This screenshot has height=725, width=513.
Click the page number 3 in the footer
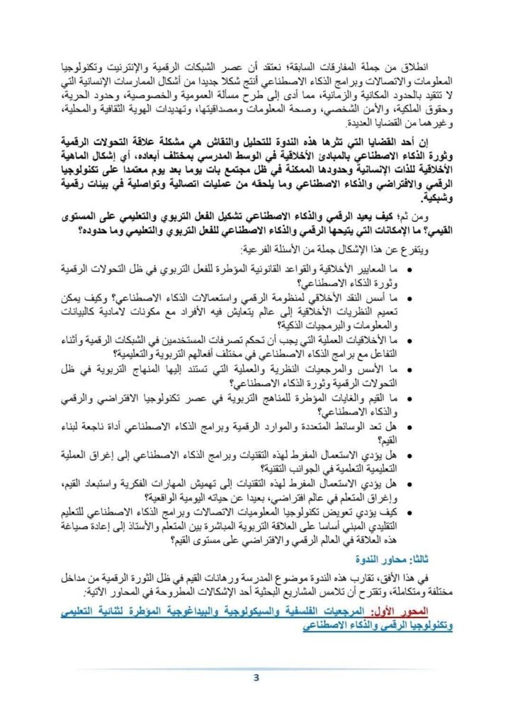coord(256,678)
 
